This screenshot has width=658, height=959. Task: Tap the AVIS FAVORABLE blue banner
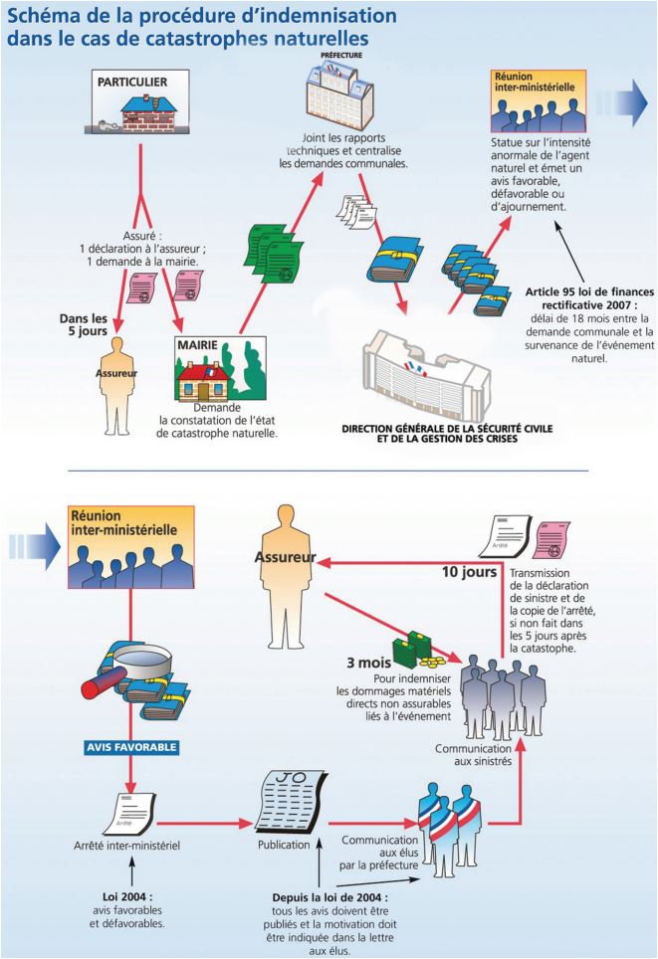130,745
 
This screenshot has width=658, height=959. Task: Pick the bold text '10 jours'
472,572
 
